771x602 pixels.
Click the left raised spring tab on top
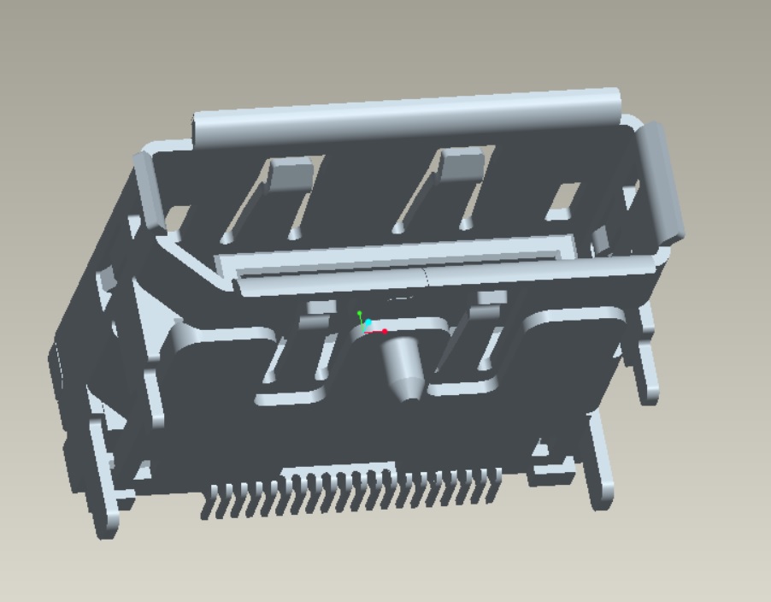pos(291,174)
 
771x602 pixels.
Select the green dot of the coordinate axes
pos(360,314)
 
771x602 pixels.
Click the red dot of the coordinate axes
pos(385,331)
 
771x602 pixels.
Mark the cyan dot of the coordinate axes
pos(368,323)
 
